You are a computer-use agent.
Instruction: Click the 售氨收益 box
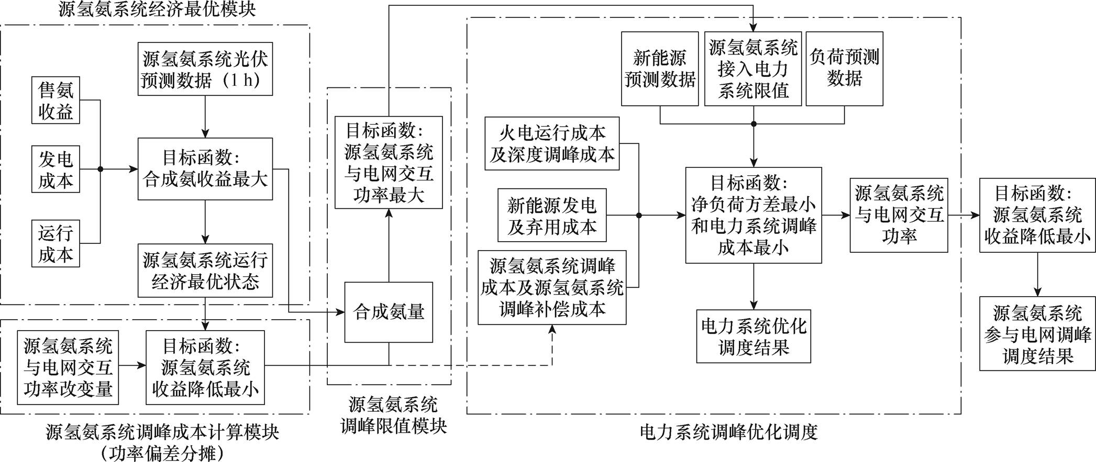56,100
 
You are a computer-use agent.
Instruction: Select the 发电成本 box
56,169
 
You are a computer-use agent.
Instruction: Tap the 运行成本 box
56,243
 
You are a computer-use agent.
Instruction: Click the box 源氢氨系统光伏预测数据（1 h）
205,69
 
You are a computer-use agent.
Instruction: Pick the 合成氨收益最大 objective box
205,169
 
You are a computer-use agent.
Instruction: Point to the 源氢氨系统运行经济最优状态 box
205,271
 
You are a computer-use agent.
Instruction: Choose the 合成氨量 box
389,312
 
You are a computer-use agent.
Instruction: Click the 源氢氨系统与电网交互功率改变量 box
68,367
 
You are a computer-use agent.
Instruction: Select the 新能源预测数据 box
660,69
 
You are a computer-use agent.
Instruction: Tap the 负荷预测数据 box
844,69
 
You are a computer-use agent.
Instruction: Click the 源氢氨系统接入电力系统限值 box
753,69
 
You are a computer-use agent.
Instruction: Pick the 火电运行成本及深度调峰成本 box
552,143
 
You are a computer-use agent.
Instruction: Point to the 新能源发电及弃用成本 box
552,215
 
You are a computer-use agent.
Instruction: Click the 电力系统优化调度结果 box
754,336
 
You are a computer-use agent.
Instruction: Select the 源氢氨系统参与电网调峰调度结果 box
1037,334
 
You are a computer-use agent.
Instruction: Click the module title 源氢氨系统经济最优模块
157,9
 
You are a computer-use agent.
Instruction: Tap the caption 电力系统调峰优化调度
728,432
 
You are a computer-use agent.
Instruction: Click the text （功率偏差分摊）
162,453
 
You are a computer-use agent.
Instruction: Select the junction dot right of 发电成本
101,169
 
